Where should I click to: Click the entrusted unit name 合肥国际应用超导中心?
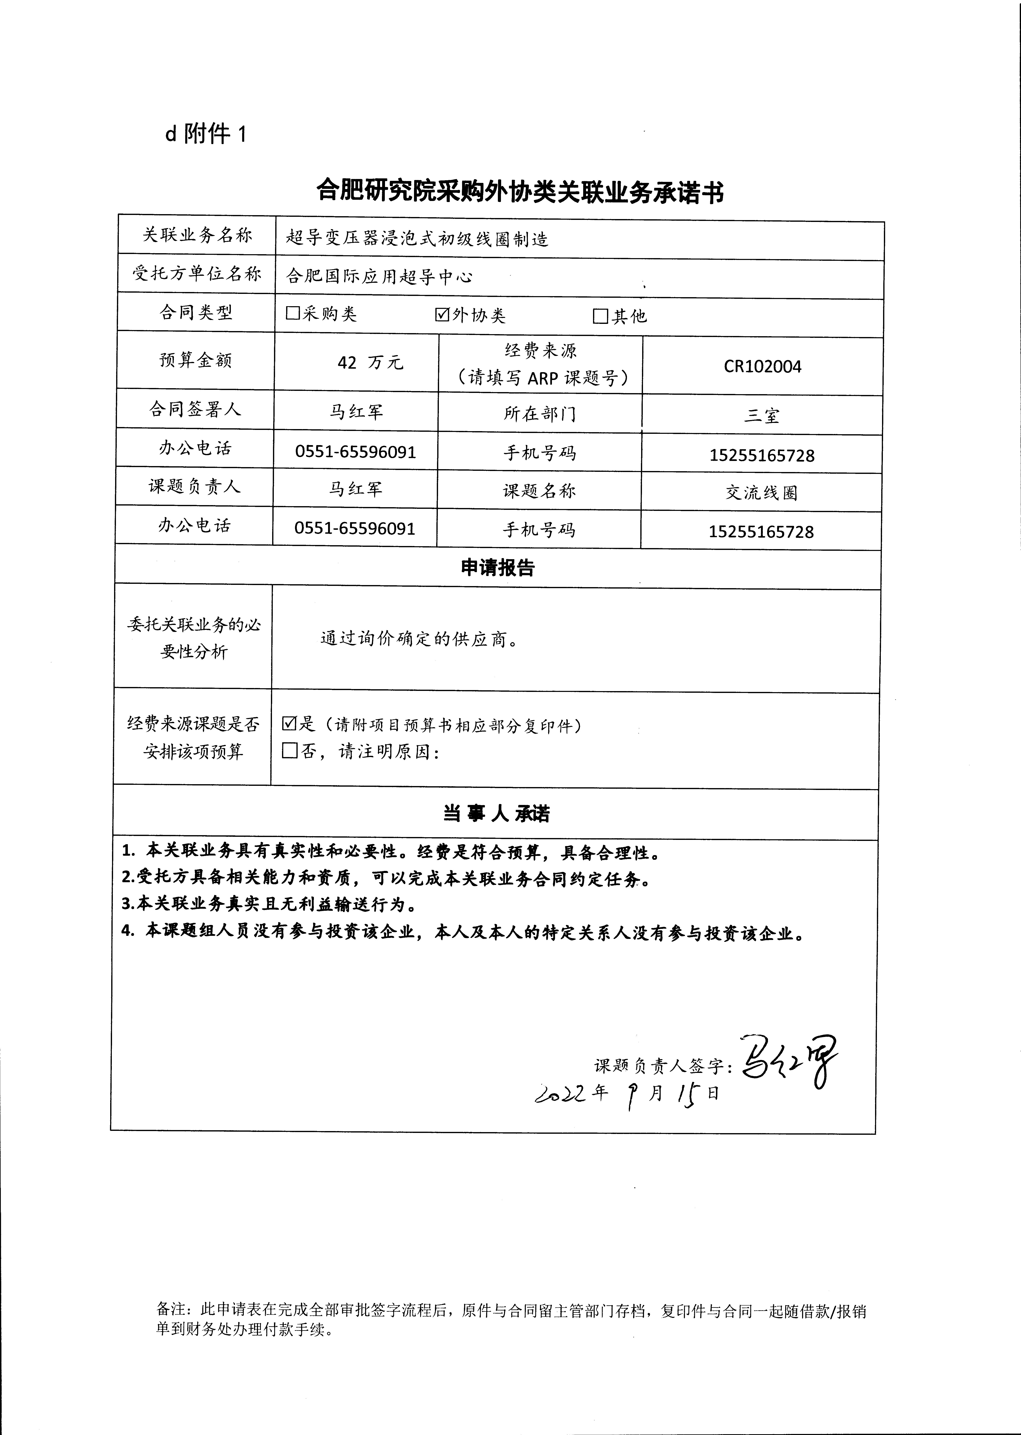click(x=379, y=277)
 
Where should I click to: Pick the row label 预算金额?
click(x=195, y=360)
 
